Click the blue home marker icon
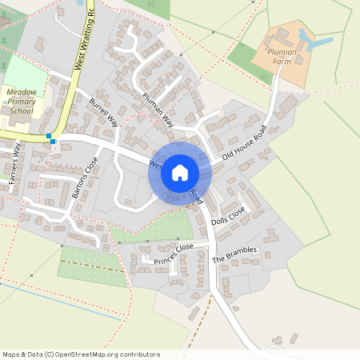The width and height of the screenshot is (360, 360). click(180, 172)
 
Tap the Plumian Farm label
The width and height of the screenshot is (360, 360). click(274, 55)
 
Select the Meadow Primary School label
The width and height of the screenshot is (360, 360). click(22, 102)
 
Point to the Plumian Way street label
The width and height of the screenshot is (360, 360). click(158, 110)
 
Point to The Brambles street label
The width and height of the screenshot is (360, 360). click(235, 255)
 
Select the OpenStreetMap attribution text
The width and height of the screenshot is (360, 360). click(81, 354)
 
